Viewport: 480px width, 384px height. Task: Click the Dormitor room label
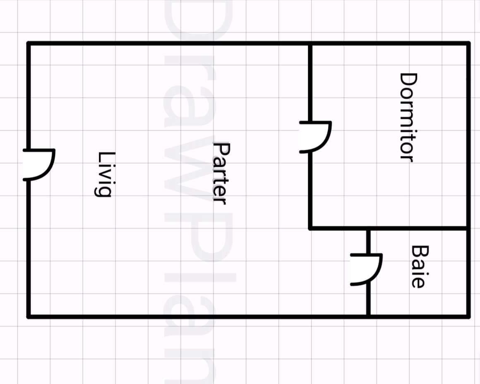coord(407,117)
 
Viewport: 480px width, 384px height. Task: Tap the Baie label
coord(418,266)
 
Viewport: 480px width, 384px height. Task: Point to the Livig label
coord(105,174)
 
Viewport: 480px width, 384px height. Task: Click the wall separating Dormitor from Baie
coord(418,228)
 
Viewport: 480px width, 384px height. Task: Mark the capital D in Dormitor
coord(407,79)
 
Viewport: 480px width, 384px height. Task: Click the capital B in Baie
coord(418,251)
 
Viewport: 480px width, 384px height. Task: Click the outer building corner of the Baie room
coord(468,317)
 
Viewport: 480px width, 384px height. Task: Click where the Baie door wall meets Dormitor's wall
coord(368,228)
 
